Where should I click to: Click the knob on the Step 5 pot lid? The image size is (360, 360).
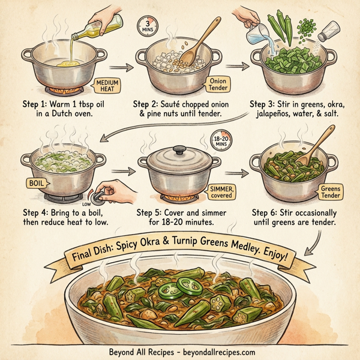point(179,149)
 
